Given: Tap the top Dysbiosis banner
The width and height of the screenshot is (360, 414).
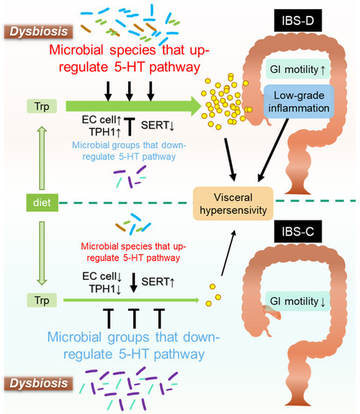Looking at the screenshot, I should (x=39, y=32).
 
